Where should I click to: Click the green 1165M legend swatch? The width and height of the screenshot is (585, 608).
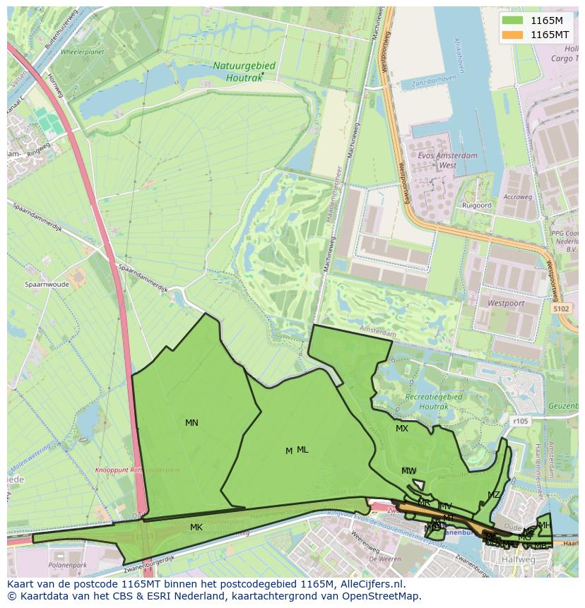pos(513,20)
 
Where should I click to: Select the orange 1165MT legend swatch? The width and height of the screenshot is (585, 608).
pos(513,34)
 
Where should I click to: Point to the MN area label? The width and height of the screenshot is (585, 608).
pos(191,423)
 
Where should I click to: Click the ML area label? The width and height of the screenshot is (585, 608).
pos(302,450)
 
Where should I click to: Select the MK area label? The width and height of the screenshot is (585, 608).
pos(196,527)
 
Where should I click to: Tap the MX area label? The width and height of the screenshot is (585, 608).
pos(402,429)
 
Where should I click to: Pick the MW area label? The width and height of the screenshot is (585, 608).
pos(409,471)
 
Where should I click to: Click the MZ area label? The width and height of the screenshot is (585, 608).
pos(493,495)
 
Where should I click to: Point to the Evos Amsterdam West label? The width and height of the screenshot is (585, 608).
pos(448,161)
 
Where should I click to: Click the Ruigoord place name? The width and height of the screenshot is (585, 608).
pos(476,205)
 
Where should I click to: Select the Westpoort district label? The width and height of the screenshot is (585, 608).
pos(507,302)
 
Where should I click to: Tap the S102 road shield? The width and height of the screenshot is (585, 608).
pos(561,309)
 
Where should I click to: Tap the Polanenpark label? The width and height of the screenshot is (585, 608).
pos(68,566)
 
